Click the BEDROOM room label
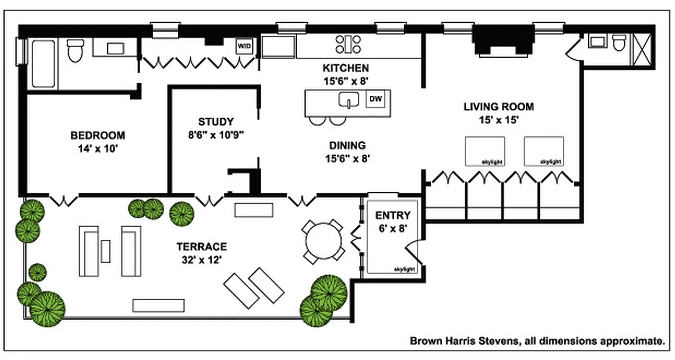click(x=98, y=135)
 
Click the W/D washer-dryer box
click(x=244, y=46)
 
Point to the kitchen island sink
click(x=348, y=100)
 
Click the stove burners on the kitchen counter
click(x=348, y=44)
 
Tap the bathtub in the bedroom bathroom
click(x=44, y=63)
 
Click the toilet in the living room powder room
click(x=620, y=43)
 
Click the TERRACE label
click(x=201, y=247)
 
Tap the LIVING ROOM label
click(x=499, y=107)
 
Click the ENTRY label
click(x=393, y=216)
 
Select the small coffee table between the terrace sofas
click(x=106, y=251)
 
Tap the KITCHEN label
click(x=346, y=68)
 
